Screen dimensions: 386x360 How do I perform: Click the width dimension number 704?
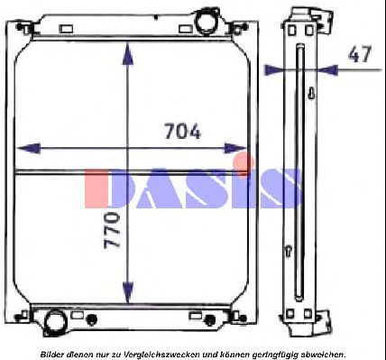[182, 131]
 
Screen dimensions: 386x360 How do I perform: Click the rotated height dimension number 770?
[112, 230]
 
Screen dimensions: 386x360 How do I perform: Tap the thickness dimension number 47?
[360, 54]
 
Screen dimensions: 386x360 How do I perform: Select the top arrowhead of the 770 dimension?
[128, 53]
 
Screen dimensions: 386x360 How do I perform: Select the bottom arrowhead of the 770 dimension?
[128, 292]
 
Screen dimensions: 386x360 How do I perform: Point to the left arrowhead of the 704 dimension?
[28, 148]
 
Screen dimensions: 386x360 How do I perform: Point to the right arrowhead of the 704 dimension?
[235, 148]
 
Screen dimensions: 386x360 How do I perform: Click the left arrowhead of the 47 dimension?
[273, 70]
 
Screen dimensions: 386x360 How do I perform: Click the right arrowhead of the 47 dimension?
[328, 70]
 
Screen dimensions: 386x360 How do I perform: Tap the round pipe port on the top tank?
[206, 21]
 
